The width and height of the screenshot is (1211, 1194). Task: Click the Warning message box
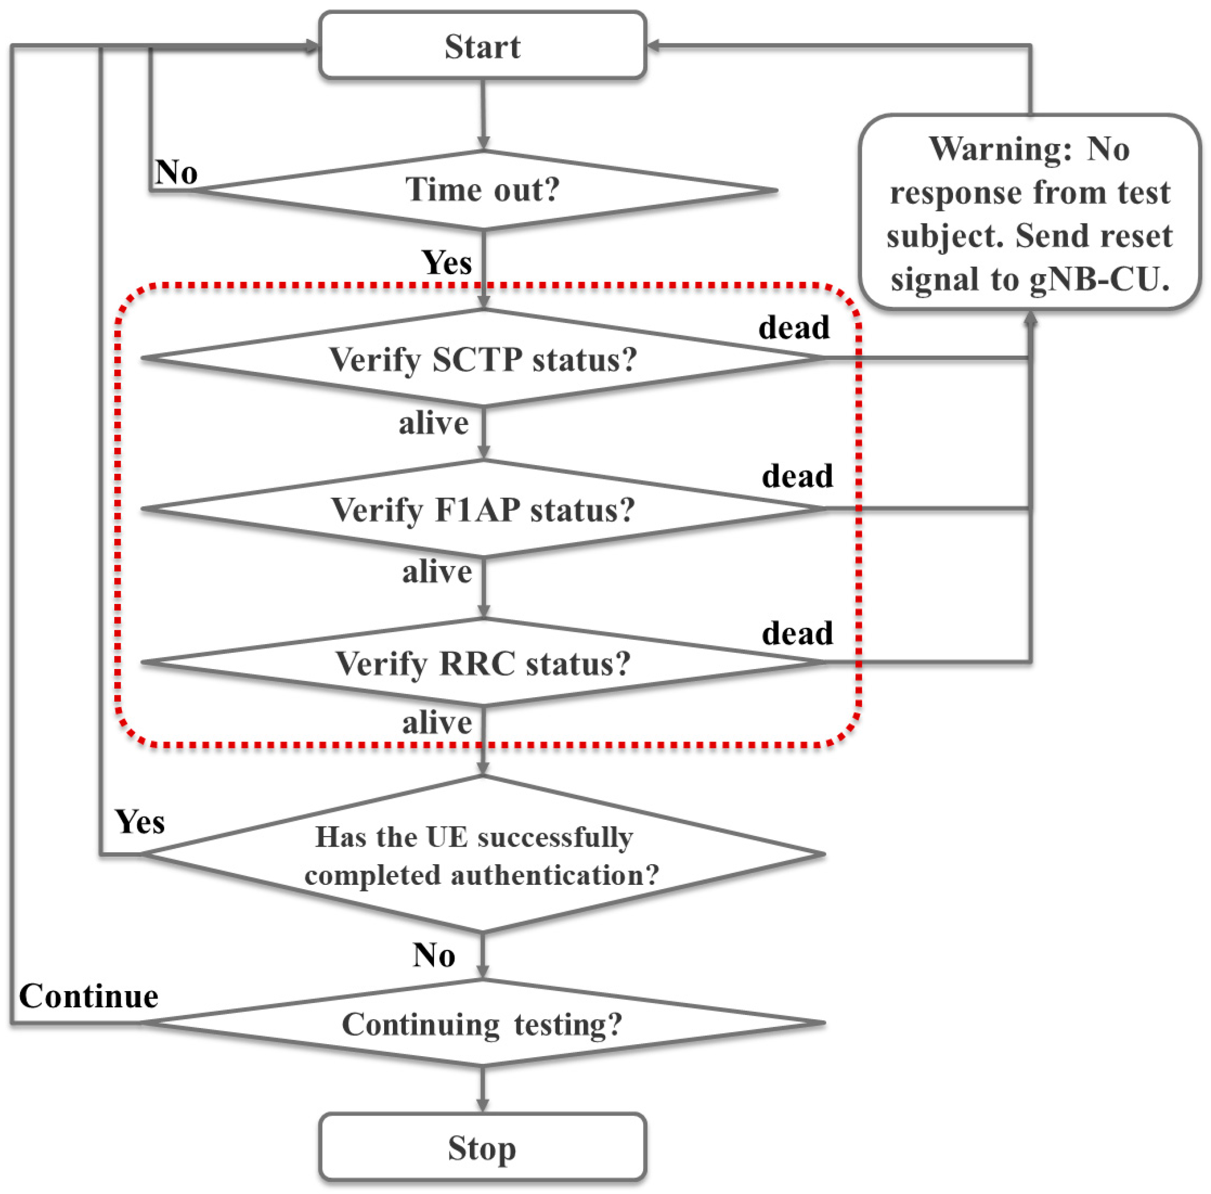(x=1029, y=213)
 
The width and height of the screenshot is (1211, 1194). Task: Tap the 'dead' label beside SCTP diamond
(x=794, y=327)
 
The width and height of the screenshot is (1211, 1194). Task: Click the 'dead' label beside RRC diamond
(x=797, y=633)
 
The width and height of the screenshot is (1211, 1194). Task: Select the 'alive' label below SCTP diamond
(x=434, y=423)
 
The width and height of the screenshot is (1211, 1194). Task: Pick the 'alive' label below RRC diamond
(x=437, y=723)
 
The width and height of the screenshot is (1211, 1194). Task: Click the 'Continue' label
(x=89, y=996)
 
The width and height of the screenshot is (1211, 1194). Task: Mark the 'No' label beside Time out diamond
(x=176, y=172)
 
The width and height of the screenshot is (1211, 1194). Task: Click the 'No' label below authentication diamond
(x=434, y=955)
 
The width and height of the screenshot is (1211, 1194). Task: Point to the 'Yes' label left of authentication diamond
(x=140, y=822)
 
